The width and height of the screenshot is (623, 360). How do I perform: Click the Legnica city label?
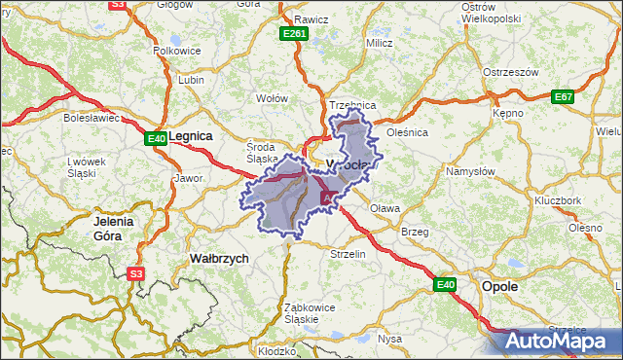[191, 137]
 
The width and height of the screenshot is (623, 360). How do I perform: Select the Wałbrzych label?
[218, 259]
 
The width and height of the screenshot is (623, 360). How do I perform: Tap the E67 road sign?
[563, 96]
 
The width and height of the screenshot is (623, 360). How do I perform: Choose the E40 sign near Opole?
[445, 284]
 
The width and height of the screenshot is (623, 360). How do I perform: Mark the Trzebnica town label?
[352, 104]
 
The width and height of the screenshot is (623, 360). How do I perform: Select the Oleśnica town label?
[407, 132]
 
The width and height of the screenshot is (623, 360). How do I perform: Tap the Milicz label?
[379, 43]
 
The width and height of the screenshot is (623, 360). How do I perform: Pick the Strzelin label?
[348, 254]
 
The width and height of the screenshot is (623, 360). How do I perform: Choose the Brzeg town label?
[415, 232]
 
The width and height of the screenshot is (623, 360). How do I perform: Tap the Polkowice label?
[176, 50]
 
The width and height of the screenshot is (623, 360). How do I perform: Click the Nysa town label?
[389, 339]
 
